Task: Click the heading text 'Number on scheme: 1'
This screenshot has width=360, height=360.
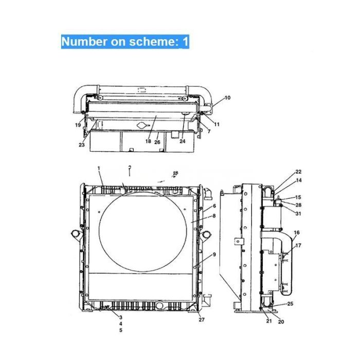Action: click(125, 42)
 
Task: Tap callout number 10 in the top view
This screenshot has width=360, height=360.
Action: click(227, 97)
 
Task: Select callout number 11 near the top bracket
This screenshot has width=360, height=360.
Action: click(217, 124)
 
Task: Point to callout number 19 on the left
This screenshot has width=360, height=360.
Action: click(77, 125)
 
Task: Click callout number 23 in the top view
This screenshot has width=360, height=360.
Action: click(81, 145)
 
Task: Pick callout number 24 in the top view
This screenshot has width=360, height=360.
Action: click(182, 141)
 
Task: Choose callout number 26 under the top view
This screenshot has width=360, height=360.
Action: click(158, 141)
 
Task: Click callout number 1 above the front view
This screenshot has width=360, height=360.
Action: click(99, 169)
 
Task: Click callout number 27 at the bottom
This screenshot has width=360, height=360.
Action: click(202, 320)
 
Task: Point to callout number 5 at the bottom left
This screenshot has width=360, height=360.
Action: click(120, 330)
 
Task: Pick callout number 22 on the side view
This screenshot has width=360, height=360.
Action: click(298, 172)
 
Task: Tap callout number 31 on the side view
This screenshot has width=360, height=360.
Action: click(298, 214)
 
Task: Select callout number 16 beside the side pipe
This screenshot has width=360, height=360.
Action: click(297, 233)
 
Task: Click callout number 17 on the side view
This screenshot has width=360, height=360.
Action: click(298, 245)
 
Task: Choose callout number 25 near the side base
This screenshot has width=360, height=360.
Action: click(290, 304)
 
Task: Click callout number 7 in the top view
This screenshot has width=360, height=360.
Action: click(209, 132)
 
